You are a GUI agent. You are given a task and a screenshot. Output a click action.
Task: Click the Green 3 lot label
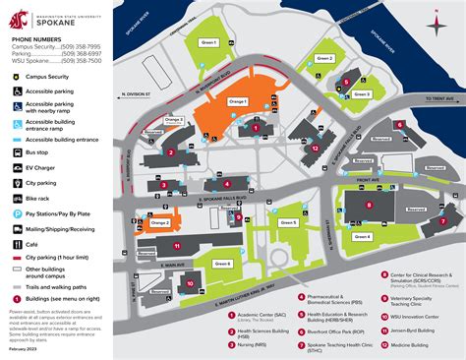[362, 94]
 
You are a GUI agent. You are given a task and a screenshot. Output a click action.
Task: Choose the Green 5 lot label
[288, 223]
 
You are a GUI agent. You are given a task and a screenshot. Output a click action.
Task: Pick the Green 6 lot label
[223, 264]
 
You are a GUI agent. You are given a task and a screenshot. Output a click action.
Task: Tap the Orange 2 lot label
[160, 223]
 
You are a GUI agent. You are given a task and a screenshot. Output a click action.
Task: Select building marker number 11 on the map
[177, 246]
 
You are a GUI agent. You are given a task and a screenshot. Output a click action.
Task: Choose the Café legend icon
[14, 242]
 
